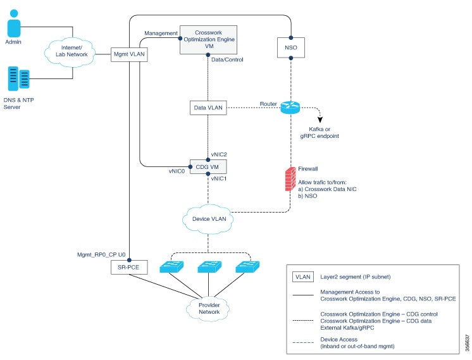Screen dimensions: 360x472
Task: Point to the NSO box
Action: [x=290, y=46]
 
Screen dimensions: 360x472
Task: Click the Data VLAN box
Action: [x=208, y=108]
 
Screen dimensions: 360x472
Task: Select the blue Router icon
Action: [x=290, y=108]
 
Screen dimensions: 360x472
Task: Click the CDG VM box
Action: [x=208, y=167]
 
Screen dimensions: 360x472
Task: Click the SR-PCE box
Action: [x=129, y=267]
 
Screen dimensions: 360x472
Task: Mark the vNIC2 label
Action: [x=220, y=154]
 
